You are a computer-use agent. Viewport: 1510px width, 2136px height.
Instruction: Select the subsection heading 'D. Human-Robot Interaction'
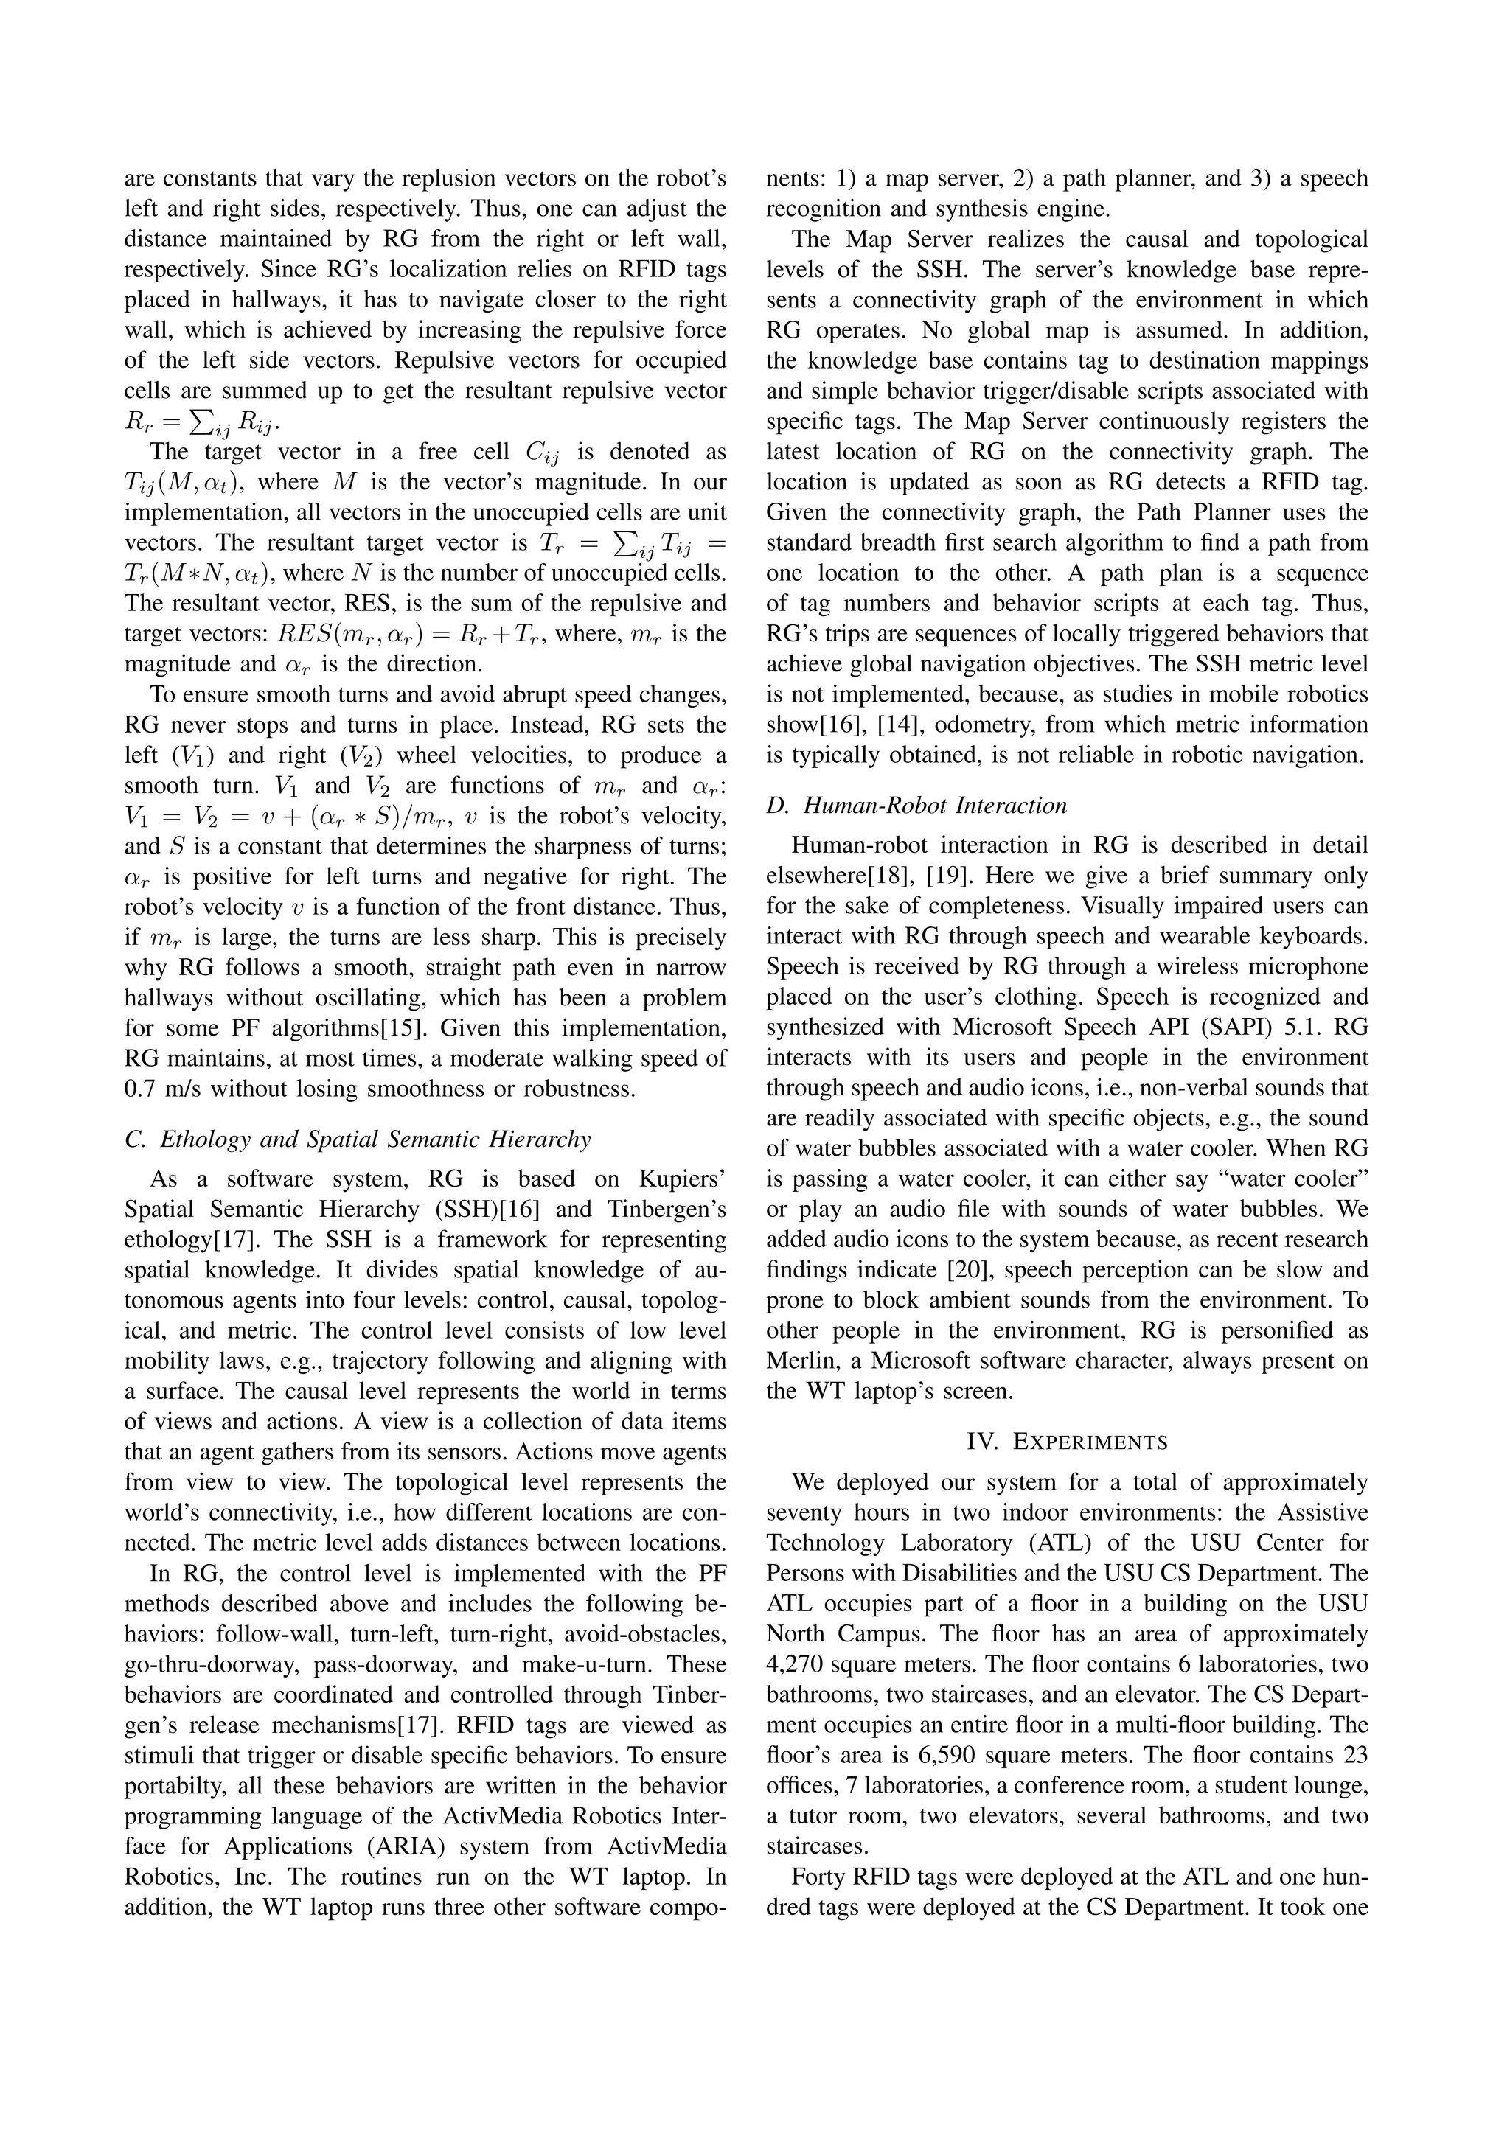(916, 806)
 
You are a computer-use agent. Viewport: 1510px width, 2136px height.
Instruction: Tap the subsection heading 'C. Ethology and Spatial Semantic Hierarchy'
(358, 1139)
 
